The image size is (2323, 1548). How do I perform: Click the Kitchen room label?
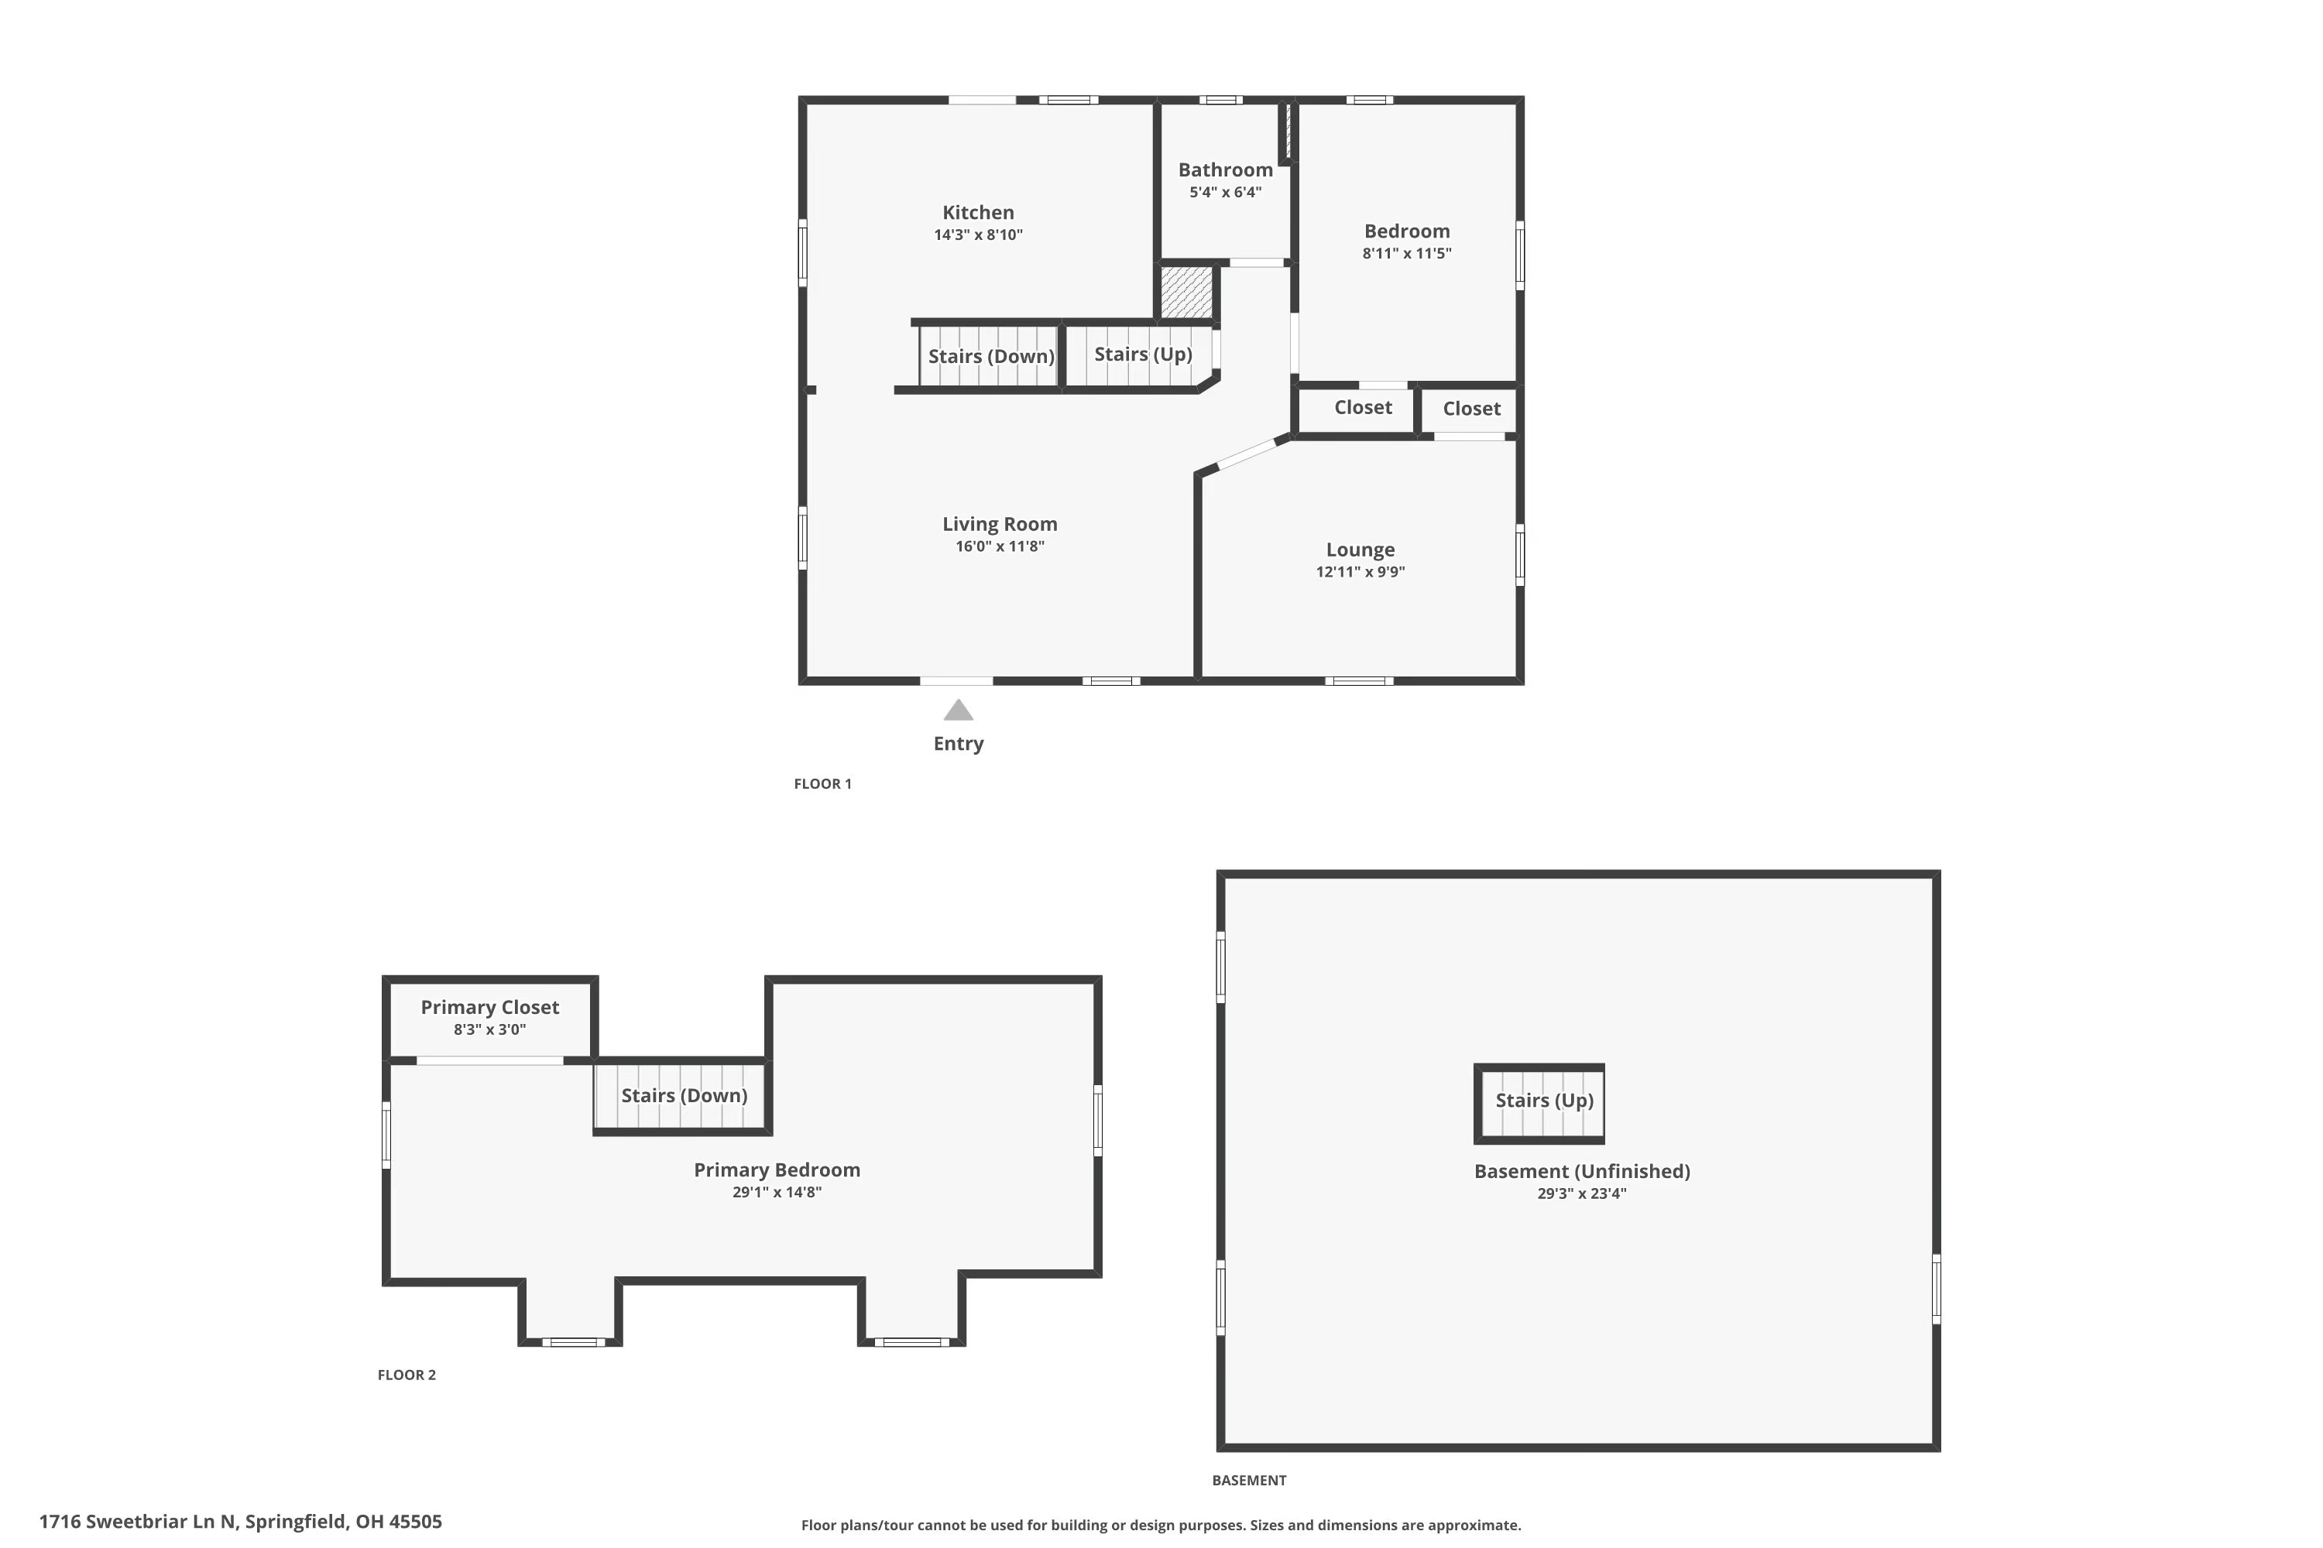(x=978, y=212)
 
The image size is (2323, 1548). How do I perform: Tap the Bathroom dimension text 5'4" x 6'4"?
(x=1225, y=193)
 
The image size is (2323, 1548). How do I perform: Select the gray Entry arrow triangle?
(x=958, y=711)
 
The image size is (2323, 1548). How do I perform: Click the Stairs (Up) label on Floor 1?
(x=1143, y=354)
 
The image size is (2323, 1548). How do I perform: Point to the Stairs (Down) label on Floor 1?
(x=990, y=356)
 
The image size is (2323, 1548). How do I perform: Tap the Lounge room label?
(x=1360, y=550)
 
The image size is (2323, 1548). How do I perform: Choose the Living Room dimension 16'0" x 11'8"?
(x=1000, y=546)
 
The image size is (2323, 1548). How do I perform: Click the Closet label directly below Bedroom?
(x=1363, y=408)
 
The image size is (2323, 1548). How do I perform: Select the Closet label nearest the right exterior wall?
(x=1470, y=409)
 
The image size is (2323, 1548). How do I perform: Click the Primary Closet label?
(x=490, y=1007)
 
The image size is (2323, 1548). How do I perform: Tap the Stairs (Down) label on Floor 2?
(x=684, y=1096)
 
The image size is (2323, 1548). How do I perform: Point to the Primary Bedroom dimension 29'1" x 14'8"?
(x=777, y=1192)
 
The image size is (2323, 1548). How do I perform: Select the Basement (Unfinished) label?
(x=1581, y=1171)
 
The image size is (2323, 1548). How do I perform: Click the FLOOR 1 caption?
(x=822, y=784)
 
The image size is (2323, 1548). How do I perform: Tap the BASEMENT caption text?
(x=1248, y=1480)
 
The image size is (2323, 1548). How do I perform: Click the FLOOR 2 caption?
(x=406, y=1375)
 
